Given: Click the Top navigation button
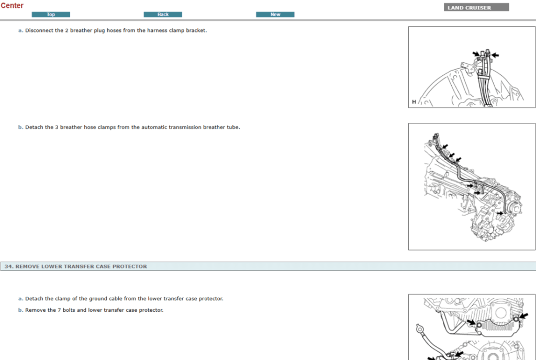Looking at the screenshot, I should pyautogui.click(x=51, y=15).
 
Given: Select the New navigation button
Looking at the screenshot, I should pyautogui.click(x=275, y=15).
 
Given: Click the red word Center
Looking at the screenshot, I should pyautogui.click(x=12, y=6).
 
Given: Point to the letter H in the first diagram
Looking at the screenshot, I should pyautogui.click(x=414, y=102).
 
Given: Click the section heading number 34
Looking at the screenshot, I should pyautogui.click(x=8, y=266).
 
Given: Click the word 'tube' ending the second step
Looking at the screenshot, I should pyautogui.click(x=234, y=127).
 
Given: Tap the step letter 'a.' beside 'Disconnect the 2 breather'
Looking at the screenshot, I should pyautogui.click(x=20, y=30).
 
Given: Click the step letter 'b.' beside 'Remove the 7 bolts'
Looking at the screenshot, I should pyautogui.click(x=20, y=310).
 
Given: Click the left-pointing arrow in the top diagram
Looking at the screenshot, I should pyautogui.click(x=495, y=54).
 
